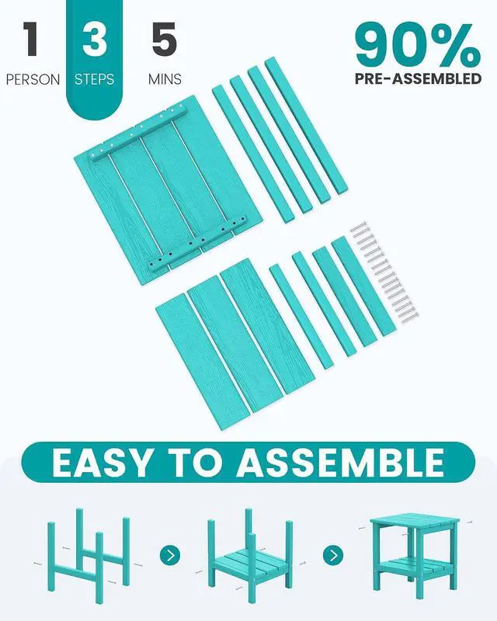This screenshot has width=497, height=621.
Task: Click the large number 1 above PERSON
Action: coord(30,39)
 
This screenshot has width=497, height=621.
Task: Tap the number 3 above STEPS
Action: coord(94,39)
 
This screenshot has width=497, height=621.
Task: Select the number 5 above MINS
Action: coord(164,39)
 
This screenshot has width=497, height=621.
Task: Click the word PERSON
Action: coord(33,79)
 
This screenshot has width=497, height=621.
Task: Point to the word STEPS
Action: coord(94,79)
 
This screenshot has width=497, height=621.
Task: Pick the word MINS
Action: coord(165,79)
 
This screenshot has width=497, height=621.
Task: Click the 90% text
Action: coord(418,46)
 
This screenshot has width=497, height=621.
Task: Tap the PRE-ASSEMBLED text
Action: coord(418,78)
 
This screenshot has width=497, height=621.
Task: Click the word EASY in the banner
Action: coord(102,462)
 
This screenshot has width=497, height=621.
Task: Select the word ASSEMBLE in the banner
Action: coord(340,462)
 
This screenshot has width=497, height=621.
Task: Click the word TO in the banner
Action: coord(194,462)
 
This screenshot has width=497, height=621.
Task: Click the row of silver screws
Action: coord(384,272)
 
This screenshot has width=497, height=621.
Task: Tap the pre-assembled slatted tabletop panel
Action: coord(169,189)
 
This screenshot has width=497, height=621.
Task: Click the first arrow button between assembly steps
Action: coord(170,555)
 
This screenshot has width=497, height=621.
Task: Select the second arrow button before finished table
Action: coord(333,555)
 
